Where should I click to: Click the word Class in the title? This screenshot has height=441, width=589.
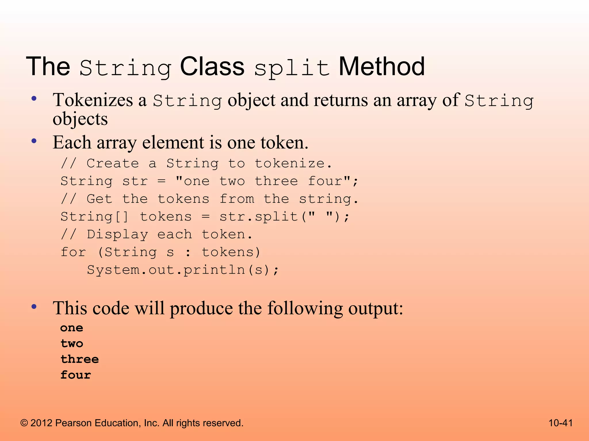point(212,66)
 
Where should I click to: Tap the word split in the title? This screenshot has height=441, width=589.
point(292,68)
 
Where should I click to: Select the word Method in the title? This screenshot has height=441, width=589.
point(382,66)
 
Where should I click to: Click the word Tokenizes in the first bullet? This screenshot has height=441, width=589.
point(93,100)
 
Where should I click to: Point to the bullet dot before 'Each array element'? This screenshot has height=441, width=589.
point(34,141)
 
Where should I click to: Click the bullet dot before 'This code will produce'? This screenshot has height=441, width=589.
point(34,307)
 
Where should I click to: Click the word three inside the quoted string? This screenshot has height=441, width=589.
point(276,181)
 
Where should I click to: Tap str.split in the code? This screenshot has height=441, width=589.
point(259,217)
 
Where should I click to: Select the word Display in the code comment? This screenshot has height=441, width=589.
point(117,235)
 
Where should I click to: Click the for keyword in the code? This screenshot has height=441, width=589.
point(73,252)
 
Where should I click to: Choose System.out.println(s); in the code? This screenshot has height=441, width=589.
point(183,270)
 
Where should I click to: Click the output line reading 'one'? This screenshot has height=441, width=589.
point(72,328)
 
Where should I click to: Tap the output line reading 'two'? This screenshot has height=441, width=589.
point(72,344)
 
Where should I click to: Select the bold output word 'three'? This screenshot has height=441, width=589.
point(80,359)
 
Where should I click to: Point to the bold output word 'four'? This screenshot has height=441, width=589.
point(76,375)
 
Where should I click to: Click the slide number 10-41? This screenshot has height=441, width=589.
point(561,423)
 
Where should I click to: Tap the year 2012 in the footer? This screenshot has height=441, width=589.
point(41,423)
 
